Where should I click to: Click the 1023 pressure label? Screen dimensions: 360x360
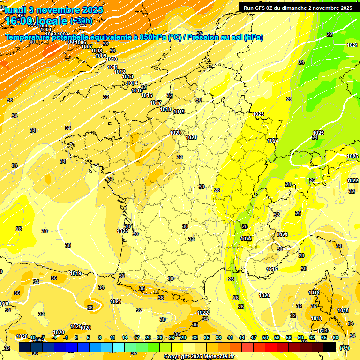click(x=258, y=114)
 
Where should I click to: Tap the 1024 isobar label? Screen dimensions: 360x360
click(x=273, y=141)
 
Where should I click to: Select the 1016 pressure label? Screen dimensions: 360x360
click(x=147, y=95)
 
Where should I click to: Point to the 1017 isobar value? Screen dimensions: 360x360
click(x=156, y=103)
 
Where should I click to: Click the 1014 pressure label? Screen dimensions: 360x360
click(x=132, y=83)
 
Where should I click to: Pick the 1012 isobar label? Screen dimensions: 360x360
click(x=119, y=72)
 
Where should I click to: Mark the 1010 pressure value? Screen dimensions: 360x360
click(x=112, y=59)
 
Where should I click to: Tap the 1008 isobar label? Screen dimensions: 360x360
click(x=97, y=51)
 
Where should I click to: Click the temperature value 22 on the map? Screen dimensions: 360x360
click(x=330, y=34)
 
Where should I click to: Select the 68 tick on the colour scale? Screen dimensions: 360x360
click(x=336, y=337)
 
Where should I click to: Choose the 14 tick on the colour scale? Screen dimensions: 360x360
click(x=125, y=337)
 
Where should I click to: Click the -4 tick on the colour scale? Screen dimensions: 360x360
click(x=54, y=337)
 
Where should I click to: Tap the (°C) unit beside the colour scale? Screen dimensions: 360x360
click(x=344, y=348)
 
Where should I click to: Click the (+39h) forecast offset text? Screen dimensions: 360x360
click(x=81, y=21)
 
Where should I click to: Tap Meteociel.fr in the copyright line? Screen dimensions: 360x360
click(x=219, y=357)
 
